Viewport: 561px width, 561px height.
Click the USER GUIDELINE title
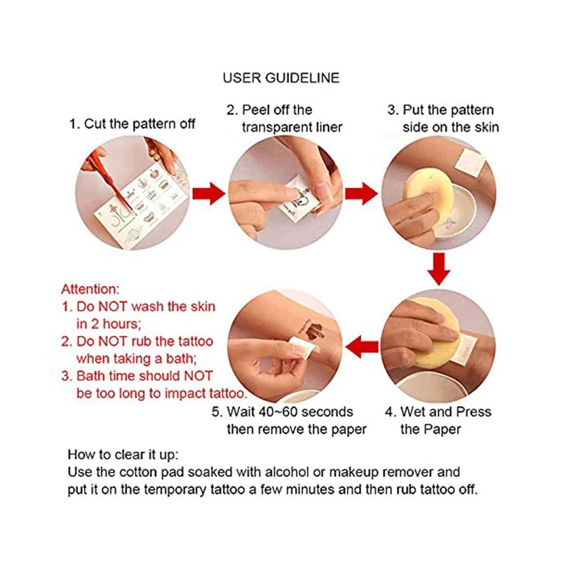click(x=280, y=77)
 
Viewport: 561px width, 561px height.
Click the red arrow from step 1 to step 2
click(x=208, y=191)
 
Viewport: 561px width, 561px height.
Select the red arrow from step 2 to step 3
click(x=360, y=191)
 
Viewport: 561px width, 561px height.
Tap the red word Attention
click(x=90, y=288)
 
